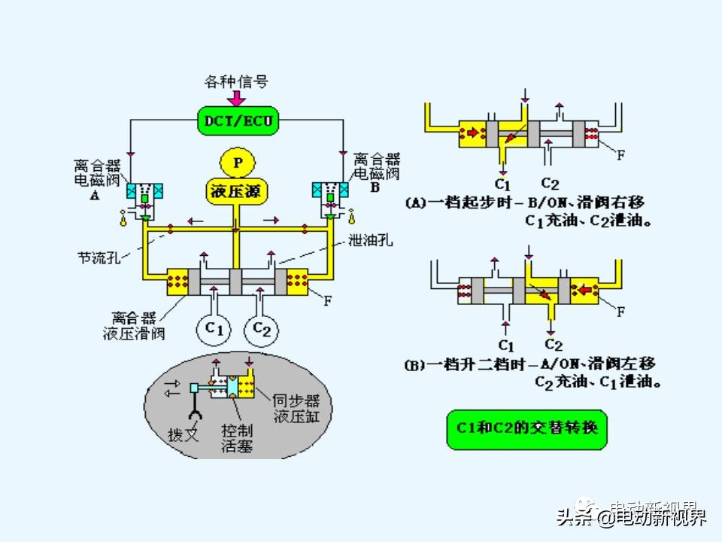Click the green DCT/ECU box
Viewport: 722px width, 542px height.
pyautogui.click(x=237, y=120)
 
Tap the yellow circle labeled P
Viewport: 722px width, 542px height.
pyautogui.click(x=238, y=163)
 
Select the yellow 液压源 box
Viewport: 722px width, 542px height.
pyautogui.click(x=237, y=190)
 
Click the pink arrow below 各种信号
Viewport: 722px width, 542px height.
pyautogui.click(x=237, y=98)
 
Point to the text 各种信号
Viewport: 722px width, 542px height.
pyautogui.click(x=237, y=81)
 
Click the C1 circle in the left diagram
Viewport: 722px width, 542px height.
pyautogui.click(x=215, y=329)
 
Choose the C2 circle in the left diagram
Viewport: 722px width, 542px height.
pyautogui.click(x=262, y=329)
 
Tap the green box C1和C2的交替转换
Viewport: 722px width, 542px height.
pyautogui.click(x=526, y=428)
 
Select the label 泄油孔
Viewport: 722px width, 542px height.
pyautogui.click(x=370, y=242)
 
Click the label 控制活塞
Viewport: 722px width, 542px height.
pyautogui.click(x=236, y=438)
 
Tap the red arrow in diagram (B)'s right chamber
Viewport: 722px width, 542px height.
pyautogui.click(x=583, y=287)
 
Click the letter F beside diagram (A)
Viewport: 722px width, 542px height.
pyautogui.click(x=620, y=156)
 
